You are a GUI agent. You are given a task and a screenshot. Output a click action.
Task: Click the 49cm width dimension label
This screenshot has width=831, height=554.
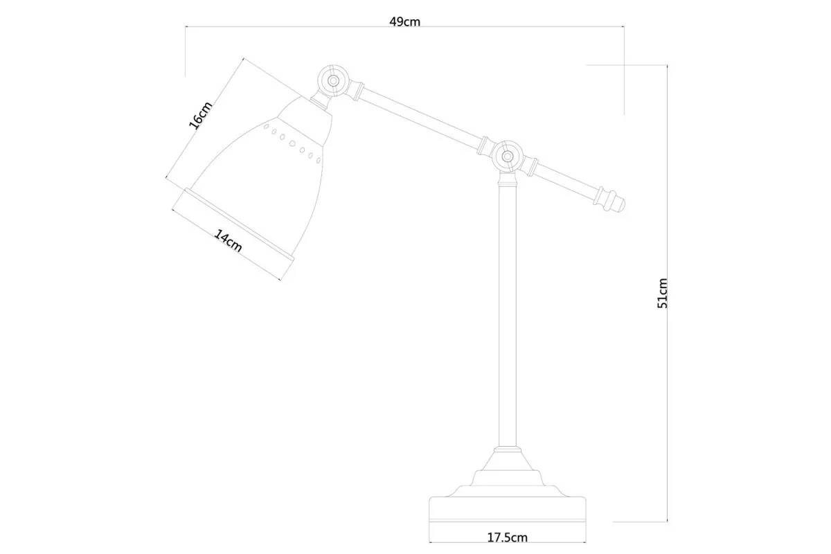404,22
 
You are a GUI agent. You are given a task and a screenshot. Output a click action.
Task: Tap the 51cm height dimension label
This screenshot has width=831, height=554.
662,293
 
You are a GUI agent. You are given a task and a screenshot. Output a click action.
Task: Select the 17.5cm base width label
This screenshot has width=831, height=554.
507,537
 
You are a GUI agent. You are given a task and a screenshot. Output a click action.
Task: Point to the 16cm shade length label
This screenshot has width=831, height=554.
200,115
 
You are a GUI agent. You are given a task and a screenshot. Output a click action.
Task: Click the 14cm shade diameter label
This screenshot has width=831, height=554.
228,241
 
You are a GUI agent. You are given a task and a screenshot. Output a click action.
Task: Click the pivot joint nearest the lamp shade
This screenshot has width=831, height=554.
333,80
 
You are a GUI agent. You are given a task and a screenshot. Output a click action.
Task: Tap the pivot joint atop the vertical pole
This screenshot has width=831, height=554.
508,157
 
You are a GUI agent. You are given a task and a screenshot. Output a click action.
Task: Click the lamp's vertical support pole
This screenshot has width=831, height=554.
508,315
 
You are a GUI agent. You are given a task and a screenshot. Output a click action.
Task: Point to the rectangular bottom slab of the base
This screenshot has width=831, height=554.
508,509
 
